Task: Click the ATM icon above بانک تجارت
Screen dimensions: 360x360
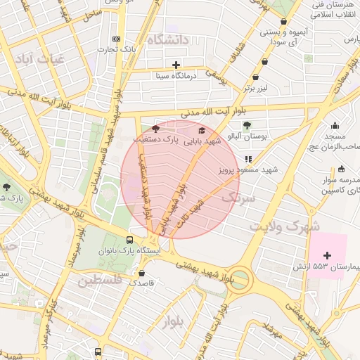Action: click(116, 39)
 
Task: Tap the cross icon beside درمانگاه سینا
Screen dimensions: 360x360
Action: click(176, 65)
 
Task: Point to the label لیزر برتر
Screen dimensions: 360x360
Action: click(257, 88)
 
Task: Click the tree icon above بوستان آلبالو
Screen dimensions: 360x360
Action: click(247, 124)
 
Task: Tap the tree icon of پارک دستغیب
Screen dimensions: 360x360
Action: click(155, 129)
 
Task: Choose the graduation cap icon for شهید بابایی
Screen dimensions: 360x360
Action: click(202, 130)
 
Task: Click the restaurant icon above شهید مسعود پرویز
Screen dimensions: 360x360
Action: click(247, 159)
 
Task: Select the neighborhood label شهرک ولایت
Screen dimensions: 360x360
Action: click(285, 226)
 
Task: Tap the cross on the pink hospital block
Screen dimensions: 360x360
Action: click(326, 254)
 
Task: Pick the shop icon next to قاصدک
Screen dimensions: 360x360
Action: click(142, 273)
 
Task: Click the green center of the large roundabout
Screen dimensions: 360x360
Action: click(240, 279)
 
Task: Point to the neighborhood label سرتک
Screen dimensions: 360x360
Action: click(237, 199)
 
